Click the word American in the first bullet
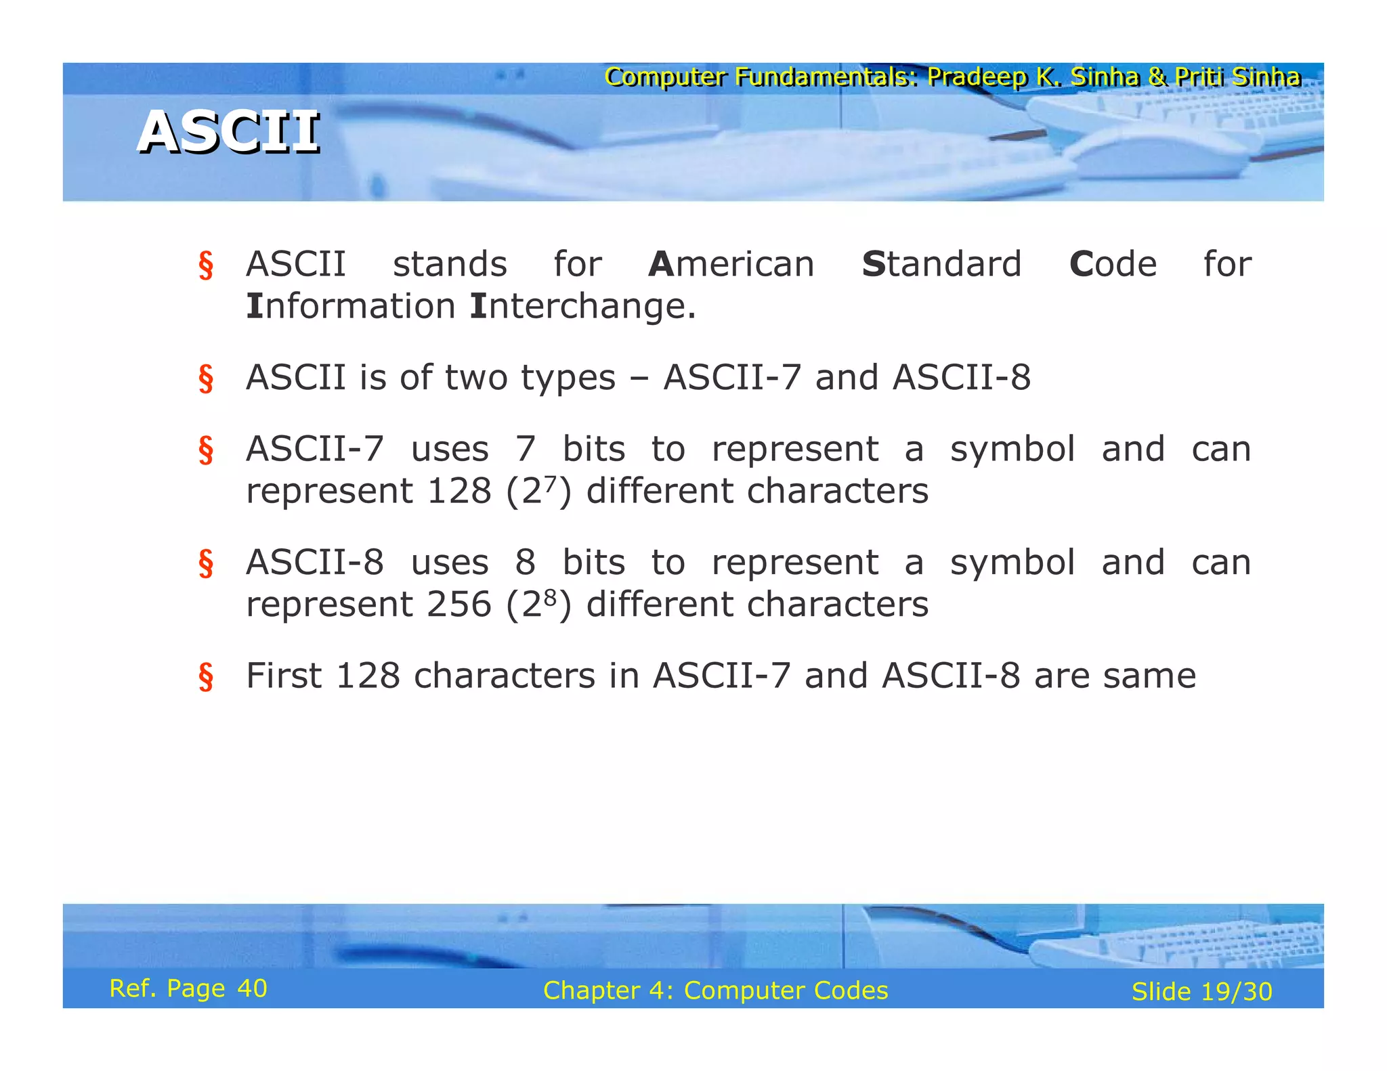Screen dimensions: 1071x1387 pos(731,264)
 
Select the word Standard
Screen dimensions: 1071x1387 pos(941,264)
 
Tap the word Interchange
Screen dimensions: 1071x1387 pos(582,306)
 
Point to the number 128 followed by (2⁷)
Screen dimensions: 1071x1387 pos(459,491)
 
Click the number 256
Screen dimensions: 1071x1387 pos(459,604)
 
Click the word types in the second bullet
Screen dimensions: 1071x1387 pos(568,378)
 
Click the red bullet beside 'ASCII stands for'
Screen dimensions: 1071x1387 pos(206,265)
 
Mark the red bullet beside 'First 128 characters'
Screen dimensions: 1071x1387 pos(206,677)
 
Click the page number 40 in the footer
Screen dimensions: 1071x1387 pos(252,988)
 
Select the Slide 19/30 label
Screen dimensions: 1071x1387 pos(1201,992)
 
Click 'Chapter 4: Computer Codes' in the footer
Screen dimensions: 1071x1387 pos(715,990)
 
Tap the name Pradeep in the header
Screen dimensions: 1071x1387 pos(977,76)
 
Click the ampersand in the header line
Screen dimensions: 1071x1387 pos(1157,76)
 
